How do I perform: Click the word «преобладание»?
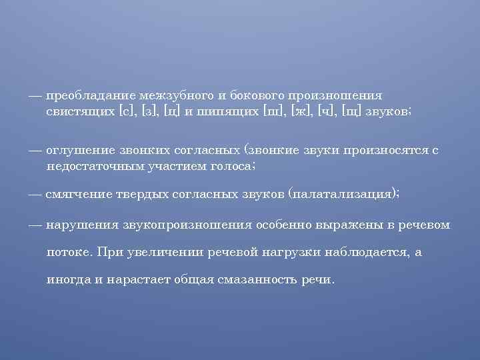pos(90,95)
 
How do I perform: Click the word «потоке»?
pos(69,253)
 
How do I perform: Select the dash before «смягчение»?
pos(35,193)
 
